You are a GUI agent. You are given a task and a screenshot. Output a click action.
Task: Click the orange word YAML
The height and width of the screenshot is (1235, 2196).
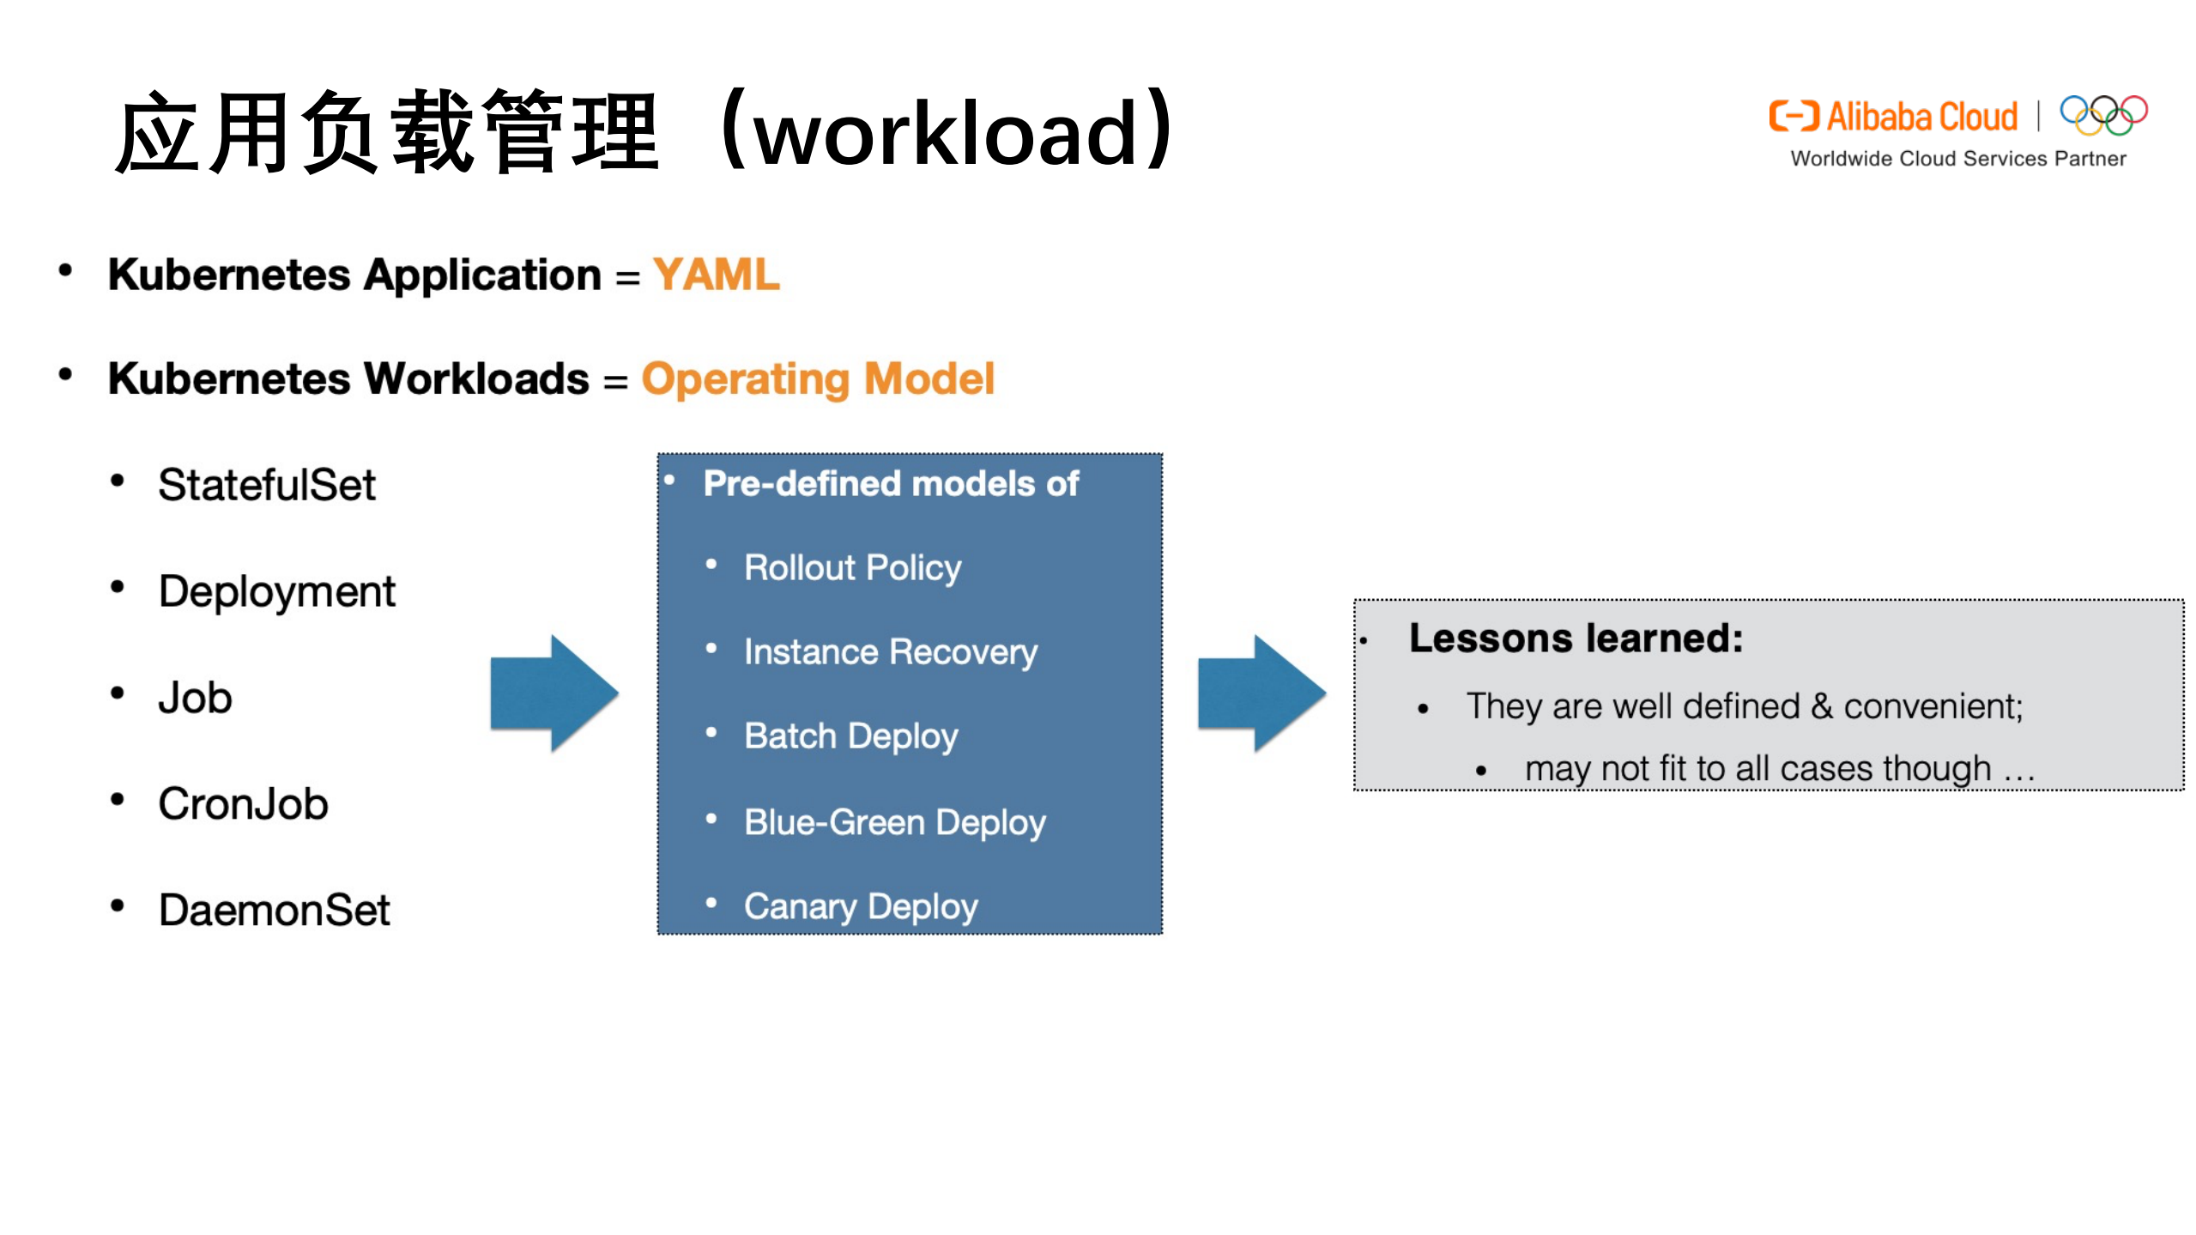click(716, 275)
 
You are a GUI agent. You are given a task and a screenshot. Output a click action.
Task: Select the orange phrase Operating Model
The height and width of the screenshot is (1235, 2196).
click(817, 379)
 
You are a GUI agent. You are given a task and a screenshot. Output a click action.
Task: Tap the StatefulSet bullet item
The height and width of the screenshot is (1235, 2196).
click(266, 485)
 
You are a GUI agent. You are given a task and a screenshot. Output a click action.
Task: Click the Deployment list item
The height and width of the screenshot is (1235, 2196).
click(276, 591)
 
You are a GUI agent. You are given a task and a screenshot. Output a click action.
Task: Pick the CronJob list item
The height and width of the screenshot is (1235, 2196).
click(243, 804)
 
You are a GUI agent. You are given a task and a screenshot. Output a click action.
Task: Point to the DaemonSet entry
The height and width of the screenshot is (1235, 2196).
click(274, 911)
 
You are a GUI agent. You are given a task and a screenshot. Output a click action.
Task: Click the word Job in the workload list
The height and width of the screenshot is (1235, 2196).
click(195, 698)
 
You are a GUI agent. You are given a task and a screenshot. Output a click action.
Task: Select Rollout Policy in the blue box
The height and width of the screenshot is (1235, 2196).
click(852, 567)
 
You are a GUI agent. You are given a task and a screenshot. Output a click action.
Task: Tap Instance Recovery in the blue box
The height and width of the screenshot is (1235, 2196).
click(890, 652)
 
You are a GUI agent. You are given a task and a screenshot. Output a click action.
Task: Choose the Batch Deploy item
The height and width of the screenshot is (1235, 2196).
click(850, 736)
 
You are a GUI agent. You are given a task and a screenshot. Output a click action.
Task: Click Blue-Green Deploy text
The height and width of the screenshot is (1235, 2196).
click(894, 822)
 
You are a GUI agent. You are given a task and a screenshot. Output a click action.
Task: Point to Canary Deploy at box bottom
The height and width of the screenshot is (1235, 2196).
click(860, 907)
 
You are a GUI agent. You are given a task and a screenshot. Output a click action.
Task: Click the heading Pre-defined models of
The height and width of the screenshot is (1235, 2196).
click(890, 484)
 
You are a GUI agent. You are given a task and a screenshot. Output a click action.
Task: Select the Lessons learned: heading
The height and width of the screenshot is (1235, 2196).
click(1575, 639)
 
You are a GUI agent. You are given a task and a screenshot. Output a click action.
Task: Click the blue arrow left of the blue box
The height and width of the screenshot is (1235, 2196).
click(554, 693)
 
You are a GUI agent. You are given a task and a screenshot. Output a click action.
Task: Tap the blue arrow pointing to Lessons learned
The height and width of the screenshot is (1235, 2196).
click(1261, 693)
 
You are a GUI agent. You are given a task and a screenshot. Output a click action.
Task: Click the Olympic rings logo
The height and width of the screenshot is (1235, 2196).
click(2103, 115)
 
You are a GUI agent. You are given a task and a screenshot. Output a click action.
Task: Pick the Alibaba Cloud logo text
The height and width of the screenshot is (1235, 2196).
click(1921, 117)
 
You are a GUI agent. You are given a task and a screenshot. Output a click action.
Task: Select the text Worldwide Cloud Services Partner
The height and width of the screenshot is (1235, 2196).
click(1957, 159)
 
